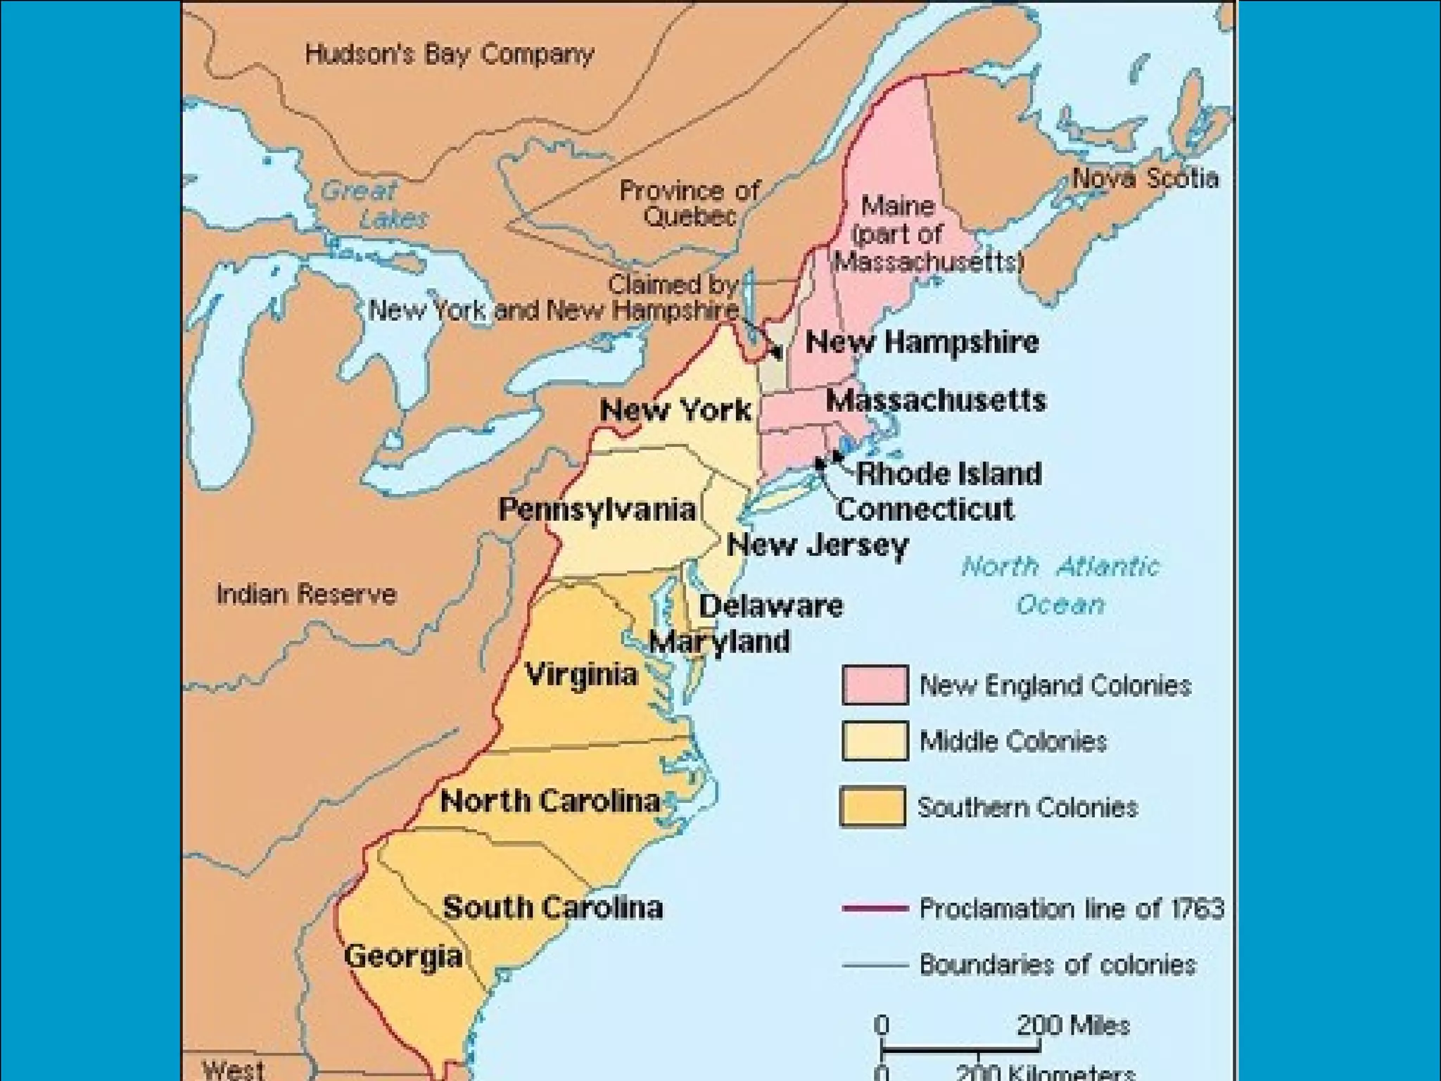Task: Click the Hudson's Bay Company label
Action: (449, 54)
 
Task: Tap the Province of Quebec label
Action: (689, 203)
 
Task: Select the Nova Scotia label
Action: (1145, 178)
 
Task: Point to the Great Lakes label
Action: (373, 204)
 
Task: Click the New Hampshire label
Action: (922, 342)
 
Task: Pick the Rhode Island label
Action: (948, 473)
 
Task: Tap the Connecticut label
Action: (925, 509)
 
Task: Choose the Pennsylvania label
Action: (597, 509)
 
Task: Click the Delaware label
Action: (770, 606)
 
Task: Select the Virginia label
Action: (582, 674)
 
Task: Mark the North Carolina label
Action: (550, 800)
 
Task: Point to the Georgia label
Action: (403, 956)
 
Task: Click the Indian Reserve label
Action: (306, 594)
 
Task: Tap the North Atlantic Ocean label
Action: (1060, 585)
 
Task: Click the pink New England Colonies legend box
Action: (875, 684)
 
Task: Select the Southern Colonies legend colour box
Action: (872, 806)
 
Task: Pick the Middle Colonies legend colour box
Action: (875, 740)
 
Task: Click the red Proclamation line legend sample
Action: (875, 909)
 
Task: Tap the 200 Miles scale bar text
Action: (1072, 1025)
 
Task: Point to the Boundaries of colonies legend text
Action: (1058, 964)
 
